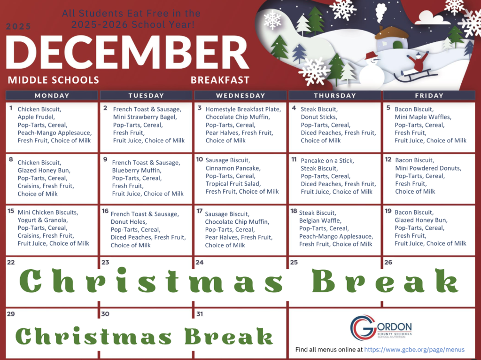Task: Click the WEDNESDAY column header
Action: click(x=240, y=95)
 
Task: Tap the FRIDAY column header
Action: click(x=429, y=95)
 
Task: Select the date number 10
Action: click(x=200, y=160)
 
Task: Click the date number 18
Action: click(x=294, y=211)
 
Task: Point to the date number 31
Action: click(x=200, y=314)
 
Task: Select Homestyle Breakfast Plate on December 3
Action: click(x=243, y=109)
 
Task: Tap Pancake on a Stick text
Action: click(x=327, y=161)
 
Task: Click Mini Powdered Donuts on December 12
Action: click(x=428, y=168)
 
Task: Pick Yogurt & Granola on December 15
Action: click(x=43, y=220)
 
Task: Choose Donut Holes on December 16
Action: click(x=128, y=222)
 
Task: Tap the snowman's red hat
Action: click(x=371, y=55)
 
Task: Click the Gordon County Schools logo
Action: click(x=381, y=328)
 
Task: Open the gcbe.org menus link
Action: click(x=414, y=350)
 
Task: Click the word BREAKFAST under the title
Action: click(x=220, y=80)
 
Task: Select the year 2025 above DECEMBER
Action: click(x=19, y=27)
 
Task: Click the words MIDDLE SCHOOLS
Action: click(x=53, y=80)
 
